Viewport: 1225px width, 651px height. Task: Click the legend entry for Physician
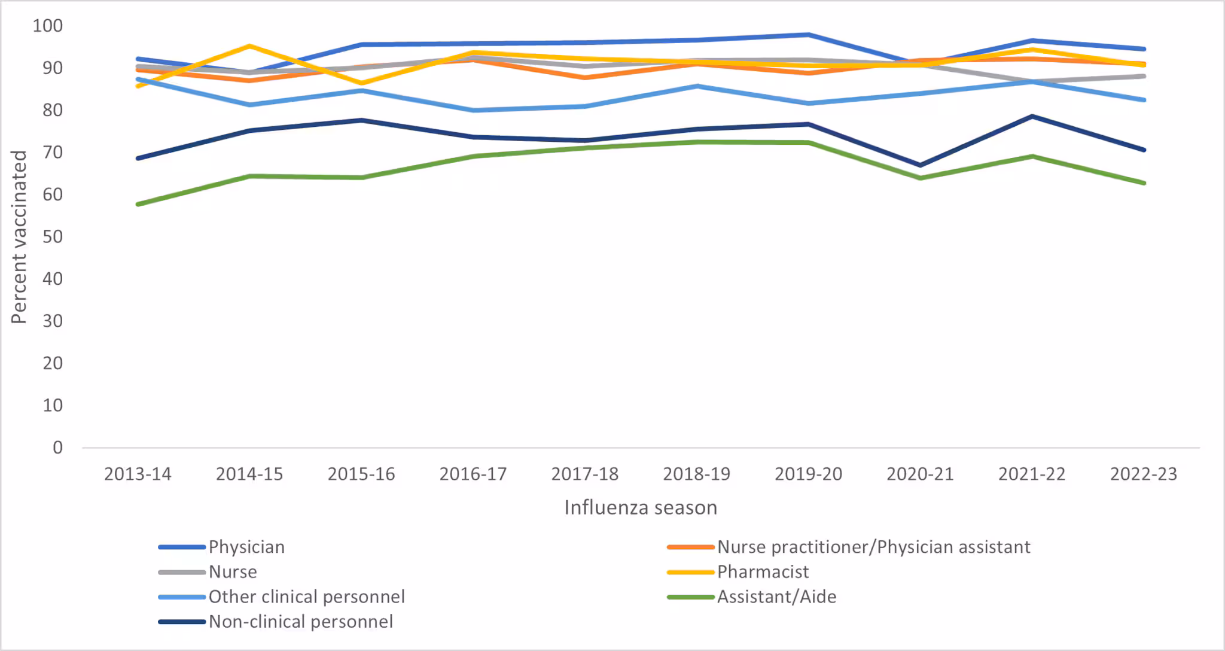tap(246, 547)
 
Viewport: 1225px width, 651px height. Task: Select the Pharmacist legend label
tap(763, 572)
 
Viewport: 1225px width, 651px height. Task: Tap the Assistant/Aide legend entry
tap(776, 597)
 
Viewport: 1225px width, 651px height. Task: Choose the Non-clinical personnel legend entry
tap(300, 622)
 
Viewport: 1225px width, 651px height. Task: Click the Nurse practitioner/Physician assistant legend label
tap(873, 547)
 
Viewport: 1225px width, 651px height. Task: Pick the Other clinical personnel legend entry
tap(306, 597)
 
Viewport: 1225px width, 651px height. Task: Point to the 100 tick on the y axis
tap(48, 26)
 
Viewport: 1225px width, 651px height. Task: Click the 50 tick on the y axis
tap(53, 237)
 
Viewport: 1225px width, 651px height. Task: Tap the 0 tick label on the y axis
tap(57, 448)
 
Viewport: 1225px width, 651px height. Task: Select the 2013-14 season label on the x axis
tap(138, 474)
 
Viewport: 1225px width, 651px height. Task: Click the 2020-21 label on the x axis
tap(920, 474)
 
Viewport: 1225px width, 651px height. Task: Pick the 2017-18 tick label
tap(584, 474)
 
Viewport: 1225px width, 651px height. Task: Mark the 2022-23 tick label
tap(1143, 474)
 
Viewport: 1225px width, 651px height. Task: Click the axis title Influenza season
tap(640, 507)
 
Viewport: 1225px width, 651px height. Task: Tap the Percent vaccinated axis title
tap(19, 237)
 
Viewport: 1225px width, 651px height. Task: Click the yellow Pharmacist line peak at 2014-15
tap(249, 46)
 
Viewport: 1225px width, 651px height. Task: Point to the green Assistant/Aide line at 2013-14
tap(139, 204)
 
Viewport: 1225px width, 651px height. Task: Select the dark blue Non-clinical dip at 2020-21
tap(920, 165)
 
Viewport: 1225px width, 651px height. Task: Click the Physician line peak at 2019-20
tap(808, 35)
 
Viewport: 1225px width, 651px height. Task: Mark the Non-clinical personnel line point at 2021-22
tap(1032, 116)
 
